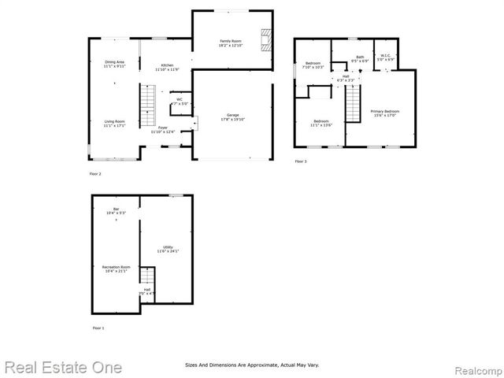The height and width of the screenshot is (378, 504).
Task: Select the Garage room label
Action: pos(233,118)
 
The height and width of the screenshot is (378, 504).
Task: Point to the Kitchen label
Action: pos(168,68)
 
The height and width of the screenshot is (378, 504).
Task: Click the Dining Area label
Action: pos(114,65)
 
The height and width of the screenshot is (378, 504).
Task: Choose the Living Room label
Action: pos(114,124)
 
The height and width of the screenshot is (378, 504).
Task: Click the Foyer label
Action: pos(162,129)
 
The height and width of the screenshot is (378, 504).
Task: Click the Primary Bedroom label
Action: pos(385,113)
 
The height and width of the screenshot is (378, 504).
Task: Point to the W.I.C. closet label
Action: pos(384,57)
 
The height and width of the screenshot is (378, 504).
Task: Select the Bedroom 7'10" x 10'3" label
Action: pos(313,65)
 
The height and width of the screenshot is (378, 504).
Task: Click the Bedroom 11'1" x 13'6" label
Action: pos(321,123)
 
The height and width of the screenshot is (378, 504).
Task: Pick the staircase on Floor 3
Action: pos(354,102)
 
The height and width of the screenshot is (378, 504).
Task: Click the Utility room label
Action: pos(168,249)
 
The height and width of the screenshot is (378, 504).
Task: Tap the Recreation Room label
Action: pos(116,269)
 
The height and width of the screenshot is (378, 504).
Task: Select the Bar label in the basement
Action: pos(116,211)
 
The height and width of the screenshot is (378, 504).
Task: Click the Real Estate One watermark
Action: pos(62,367)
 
